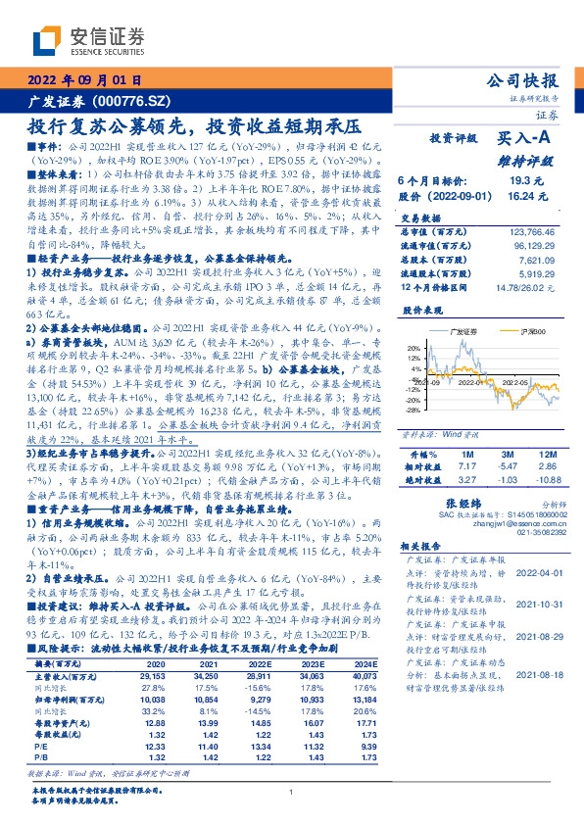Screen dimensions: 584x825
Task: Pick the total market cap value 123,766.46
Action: [534, 230]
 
